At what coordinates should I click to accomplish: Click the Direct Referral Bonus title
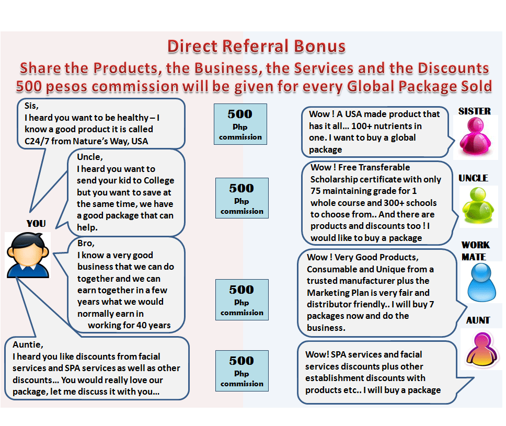click(x=256, y=47)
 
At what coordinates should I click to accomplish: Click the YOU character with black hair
click(x=28, y=255)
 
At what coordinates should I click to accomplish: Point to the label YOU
click(x=36, y=224)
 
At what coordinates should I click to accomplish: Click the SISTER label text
click(x=474, y=111)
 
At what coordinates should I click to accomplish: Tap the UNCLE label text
click(x=473, y=178)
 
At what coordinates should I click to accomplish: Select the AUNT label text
click(x=478, y=320)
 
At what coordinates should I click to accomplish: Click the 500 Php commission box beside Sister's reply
click(x=240, y=124)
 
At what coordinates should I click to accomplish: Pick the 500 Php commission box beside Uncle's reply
click(x=242, y=198)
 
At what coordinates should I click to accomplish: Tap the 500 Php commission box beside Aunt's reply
click(x=241, y=371)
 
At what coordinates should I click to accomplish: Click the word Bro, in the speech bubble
click(x=86, y=244)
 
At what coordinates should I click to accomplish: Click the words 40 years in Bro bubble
click(x=152, y=325)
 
